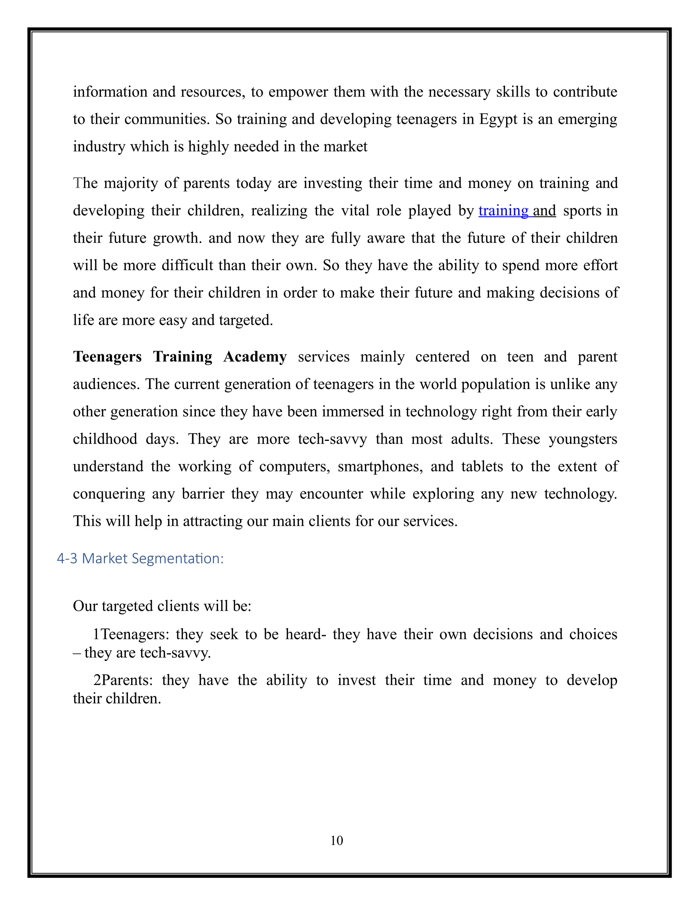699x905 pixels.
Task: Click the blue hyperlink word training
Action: point(503,211)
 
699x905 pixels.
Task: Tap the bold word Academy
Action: point(255,357)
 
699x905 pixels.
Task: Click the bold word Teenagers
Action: point(107,357)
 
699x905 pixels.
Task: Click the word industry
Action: point(99,147)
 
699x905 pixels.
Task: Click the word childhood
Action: point(105,439)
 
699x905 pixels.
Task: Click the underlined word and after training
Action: point(544,211)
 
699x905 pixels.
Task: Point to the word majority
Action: point(131,183)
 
